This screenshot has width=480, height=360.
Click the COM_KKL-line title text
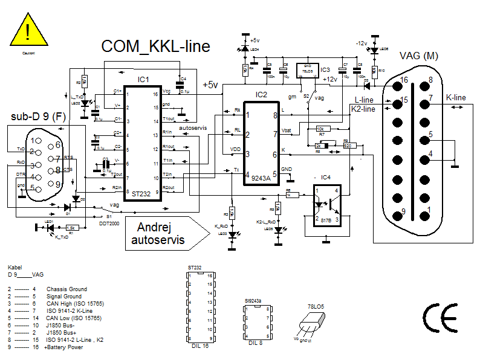click(x=155, y=47)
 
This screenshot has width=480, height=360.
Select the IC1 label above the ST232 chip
click(x=143, y=80)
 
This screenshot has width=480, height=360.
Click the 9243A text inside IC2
click(x=261, y=179)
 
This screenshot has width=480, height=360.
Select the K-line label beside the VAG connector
click(x=456, y=97)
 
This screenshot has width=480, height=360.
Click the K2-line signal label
click(x=363, y=109)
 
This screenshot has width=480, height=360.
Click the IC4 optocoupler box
click(x=327, y=205)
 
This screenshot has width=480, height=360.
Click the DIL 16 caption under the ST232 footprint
click(x=199, y=347)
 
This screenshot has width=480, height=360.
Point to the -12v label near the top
click(x=362, y=43)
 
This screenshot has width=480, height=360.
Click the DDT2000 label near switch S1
click(x=109, y=223)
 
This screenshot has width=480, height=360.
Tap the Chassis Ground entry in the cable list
click(x=66, y=289)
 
